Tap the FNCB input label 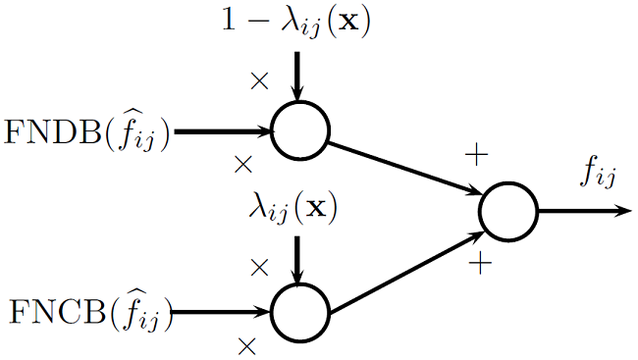[90, 315]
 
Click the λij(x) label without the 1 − [293, 209]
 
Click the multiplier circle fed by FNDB [299, 130]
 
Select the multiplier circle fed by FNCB [299, 314]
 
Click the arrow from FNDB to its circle [221, 130]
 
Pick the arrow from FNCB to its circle [221, 314]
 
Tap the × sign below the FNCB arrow [246, 344]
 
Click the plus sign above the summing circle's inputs [475, 155]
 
